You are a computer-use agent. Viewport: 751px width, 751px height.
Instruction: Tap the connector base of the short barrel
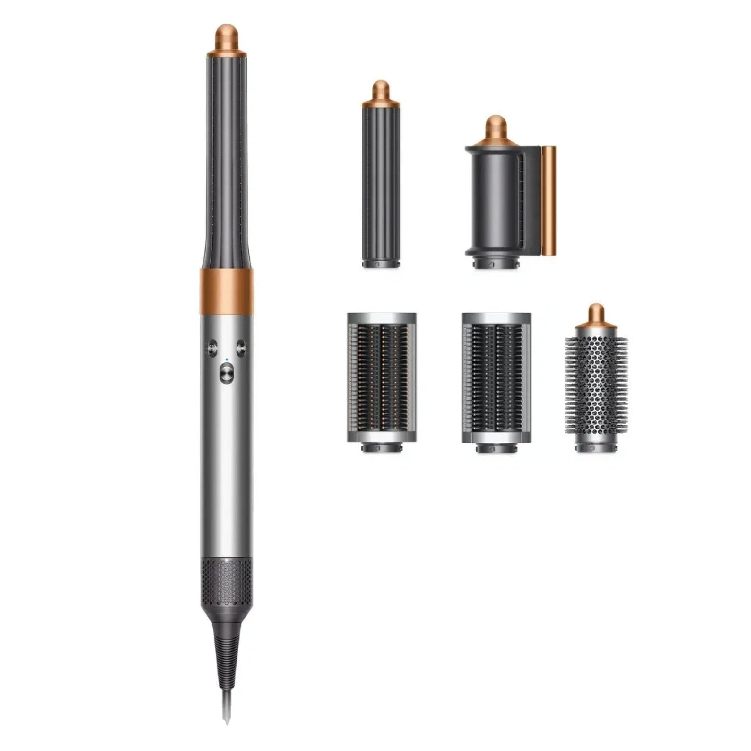click(x=381, y=263)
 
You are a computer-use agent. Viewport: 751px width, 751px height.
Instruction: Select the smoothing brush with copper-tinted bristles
click(x=381, y=377)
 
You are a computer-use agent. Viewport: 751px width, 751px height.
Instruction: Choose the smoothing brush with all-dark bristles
click(x=496, y=377)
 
